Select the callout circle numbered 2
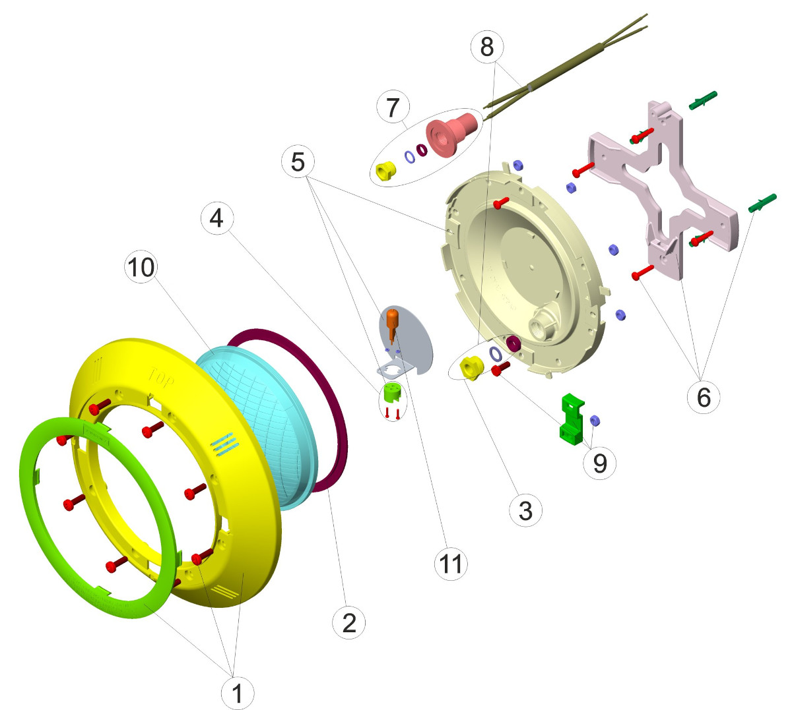click(349, 622)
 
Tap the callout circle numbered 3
click(525, 510)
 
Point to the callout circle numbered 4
click(216, 218)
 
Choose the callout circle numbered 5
click(298, 161)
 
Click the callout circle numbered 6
click(704, 397)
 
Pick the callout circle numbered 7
click(393, 107)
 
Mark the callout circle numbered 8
click(487, 47)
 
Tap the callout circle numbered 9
click(599, 462)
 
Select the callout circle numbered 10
click(141, 267)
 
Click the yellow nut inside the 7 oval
click(385, 171)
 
